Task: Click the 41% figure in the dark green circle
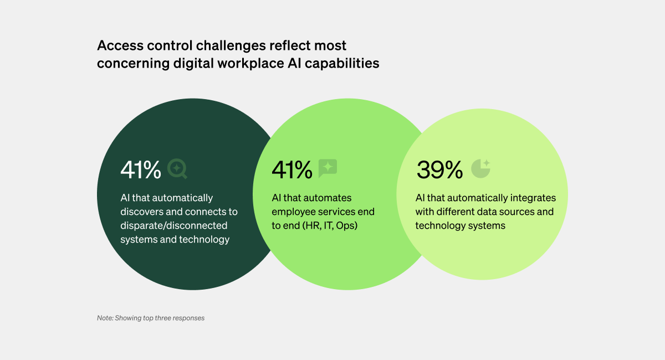141,169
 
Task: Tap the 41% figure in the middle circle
292,169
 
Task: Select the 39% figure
439,169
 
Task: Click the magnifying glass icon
177,168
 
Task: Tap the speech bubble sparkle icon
328,168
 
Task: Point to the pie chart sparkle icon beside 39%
480,168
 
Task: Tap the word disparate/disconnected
174,225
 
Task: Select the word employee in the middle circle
293,212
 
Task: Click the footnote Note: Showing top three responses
151,318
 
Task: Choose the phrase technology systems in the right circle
461,225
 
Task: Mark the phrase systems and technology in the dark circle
175,239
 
